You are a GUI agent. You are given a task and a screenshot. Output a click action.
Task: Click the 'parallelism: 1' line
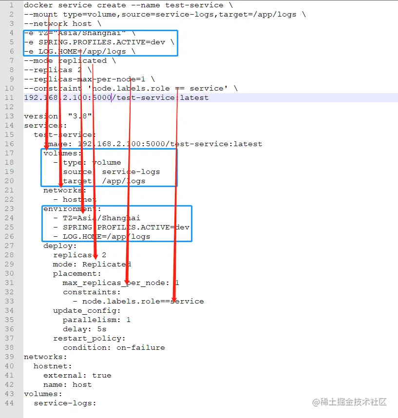96,320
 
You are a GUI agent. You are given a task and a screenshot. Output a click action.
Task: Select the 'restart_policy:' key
89,338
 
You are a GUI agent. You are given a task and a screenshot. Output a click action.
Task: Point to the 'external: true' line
77,375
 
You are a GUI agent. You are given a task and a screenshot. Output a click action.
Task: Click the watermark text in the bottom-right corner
350,402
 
